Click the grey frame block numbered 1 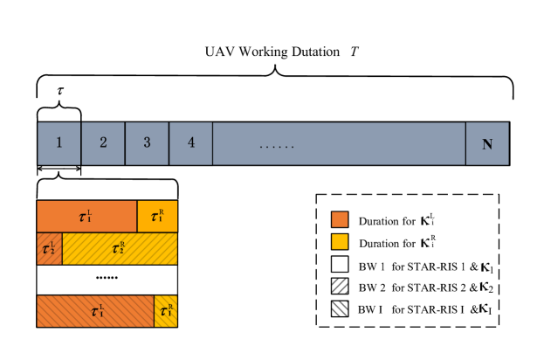59,143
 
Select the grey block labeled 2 103,143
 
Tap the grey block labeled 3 147,143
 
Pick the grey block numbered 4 190,143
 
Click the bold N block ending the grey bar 486,143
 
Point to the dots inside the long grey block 277,145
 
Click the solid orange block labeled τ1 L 86,216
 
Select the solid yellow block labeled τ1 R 157,216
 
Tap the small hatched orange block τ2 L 49,248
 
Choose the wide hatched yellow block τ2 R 120,248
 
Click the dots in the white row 107,278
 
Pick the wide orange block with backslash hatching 95,311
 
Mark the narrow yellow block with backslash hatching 166,311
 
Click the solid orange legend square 340,219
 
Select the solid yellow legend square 340,241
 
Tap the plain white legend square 340,264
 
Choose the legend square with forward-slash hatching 340,286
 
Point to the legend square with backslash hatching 340,308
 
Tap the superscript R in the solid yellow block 161,211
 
